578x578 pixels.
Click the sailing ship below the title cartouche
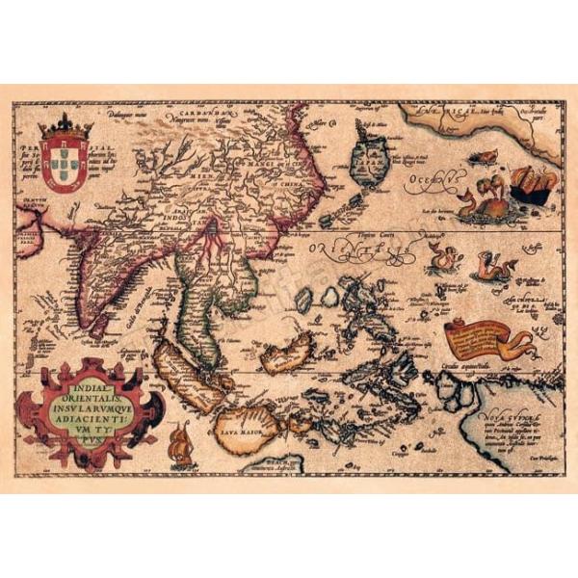[x=179, y=449]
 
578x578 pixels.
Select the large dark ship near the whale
[x=531, y=180]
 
